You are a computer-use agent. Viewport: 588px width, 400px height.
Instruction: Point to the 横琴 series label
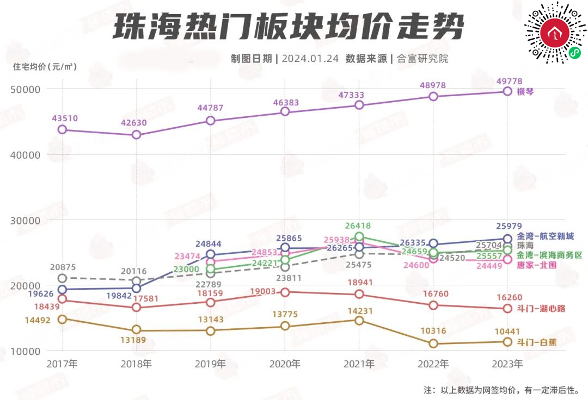[x=525, y=91]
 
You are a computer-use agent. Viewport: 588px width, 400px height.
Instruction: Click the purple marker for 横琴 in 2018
[x=136, y=135]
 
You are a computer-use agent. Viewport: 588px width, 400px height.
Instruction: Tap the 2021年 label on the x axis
[x=359, y=364]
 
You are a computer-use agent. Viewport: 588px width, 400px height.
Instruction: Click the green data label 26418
[x=359, y=226]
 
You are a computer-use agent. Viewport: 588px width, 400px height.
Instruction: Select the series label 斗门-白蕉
[x=536, y=342]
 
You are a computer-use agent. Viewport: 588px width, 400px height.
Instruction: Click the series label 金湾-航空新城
[x=545, y=237]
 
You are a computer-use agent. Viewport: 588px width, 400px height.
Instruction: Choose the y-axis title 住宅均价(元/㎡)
[x=45, y=67]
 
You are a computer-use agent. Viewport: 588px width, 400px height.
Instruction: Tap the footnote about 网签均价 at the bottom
[x=501, y=390]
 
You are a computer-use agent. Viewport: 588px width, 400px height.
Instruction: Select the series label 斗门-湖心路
[x=536, y=309]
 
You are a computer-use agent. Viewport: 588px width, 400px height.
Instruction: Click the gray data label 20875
[x=62, y=267]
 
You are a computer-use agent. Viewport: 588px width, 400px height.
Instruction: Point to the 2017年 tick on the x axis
[x=62, y=364]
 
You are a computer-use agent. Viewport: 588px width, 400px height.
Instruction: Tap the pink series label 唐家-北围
[x=536, y=265]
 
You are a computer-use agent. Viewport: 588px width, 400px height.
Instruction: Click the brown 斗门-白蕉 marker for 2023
[x=507, y=342]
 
